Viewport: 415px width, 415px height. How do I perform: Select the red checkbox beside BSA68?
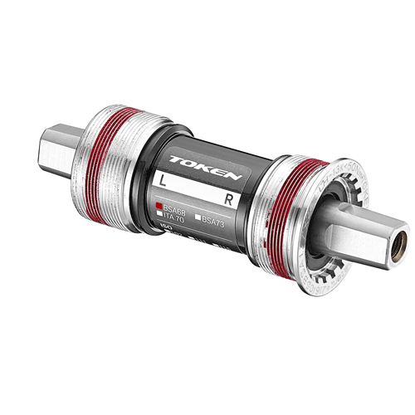point(157,204)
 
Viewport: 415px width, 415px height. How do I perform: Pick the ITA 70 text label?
point(172,219)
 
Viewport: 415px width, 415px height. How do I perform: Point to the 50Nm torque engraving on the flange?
point(336,191)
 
